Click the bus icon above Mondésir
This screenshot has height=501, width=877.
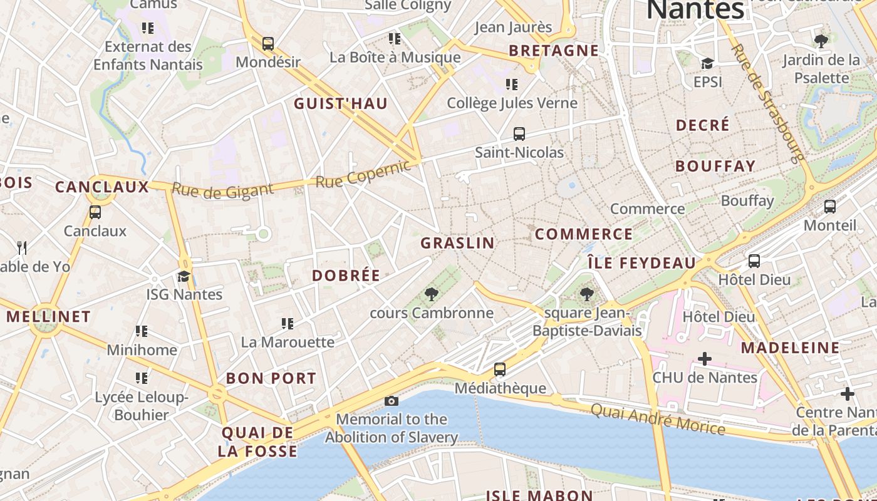coord(268,44)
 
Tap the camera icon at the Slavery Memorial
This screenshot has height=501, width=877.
coord(392,401)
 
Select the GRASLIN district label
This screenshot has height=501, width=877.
coord(457,243)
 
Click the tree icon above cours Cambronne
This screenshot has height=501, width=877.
coord(431,294)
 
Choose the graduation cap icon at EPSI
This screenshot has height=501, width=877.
coord(708,63)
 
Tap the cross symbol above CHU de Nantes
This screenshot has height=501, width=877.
coord(705,359)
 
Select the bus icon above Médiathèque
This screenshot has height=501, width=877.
coord(499,369)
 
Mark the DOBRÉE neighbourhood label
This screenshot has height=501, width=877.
coord(346,276)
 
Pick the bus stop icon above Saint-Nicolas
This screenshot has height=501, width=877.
coord(519,133)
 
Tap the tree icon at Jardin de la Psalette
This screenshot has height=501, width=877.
coord(821,41)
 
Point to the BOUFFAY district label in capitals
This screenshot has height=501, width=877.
coord(715,167)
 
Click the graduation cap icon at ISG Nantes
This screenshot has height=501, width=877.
coord(184,276)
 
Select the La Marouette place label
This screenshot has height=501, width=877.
coord(288,342)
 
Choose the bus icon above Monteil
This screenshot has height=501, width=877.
coord(830,206)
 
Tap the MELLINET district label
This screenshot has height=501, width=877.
coord(49,316)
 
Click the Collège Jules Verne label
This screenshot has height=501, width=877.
coord(512,103)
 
